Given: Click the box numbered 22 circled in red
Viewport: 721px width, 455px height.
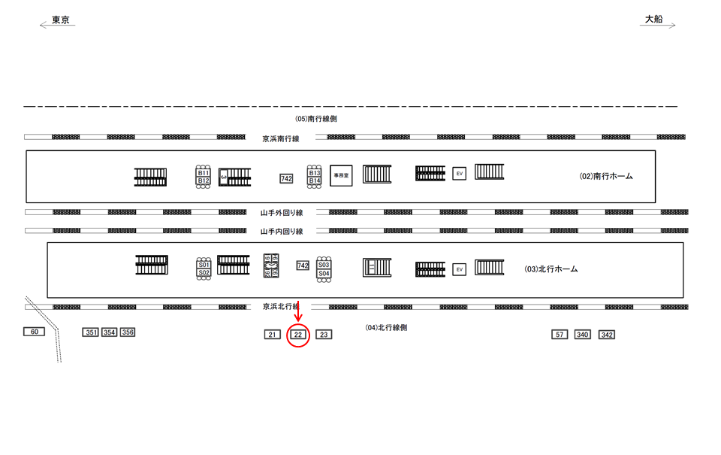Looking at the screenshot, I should point(298,335).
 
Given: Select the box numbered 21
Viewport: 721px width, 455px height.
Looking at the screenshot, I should point(273,335).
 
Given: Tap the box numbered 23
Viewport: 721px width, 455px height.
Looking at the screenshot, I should point(324,335).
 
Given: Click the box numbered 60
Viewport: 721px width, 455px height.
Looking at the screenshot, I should point(34,332).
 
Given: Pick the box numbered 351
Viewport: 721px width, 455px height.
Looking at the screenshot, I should point(91,332).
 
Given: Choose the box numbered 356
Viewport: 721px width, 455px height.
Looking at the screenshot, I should point(128,332).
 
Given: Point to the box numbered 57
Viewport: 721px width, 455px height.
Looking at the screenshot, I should point(560,335).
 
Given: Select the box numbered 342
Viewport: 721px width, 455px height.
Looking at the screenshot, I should point(607,335).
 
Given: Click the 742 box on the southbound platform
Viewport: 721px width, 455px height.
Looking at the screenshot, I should point(286,178).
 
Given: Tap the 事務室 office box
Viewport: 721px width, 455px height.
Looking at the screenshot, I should point(342,174).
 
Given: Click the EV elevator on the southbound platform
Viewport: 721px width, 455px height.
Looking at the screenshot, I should point(460,174).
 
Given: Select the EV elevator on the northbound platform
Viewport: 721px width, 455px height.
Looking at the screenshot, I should point(460,269).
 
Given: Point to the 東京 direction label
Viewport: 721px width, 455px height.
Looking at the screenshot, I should point(61,21).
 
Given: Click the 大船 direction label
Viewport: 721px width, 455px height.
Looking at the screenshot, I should point(653,20).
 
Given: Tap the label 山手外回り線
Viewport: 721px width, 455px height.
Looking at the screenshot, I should point(282,213).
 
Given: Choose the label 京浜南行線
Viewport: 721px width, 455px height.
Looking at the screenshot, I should point(281,138).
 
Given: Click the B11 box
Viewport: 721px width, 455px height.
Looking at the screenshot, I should point(203,173).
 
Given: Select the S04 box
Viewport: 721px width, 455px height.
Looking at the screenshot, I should point(324,274).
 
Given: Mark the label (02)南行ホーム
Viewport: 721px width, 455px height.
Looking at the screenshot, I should point(606,176).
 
